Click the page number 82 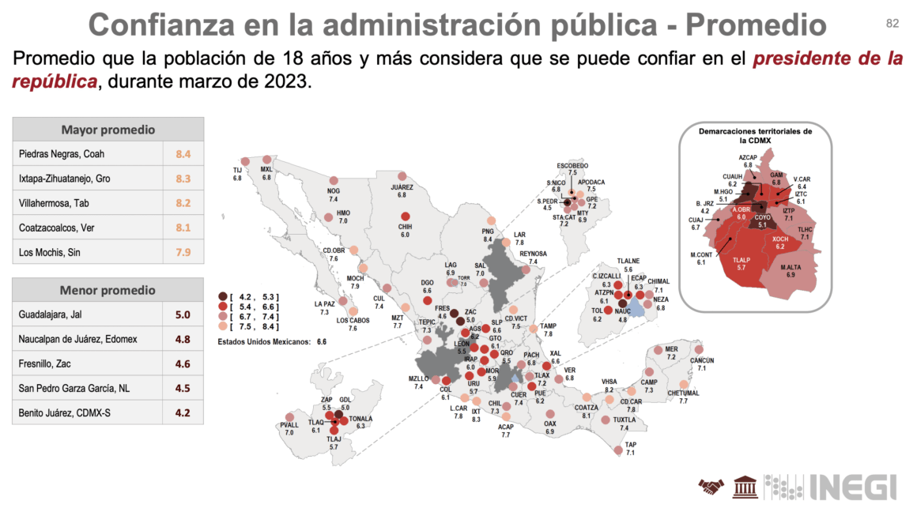[x=892, y=24]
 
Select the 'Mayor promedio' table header [x=108, y=130]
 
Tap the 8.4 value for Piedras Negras [x=183, y=154]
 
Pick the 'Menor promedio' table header [x=108, y=290]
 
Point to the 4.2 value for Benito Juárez [x=183, y=412]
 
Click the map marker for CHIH [x=406, y=217]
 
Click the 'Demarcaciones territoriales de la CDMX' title [x=755, y=135]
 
